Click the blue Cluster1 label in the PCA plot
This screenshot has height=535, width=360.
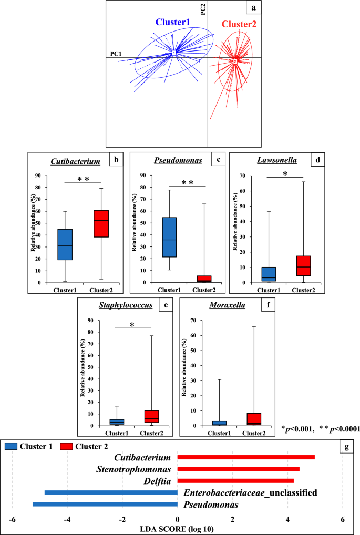click(172, 23)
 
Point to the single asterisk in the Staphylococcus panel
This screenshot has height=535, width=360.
click(132, 325)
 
